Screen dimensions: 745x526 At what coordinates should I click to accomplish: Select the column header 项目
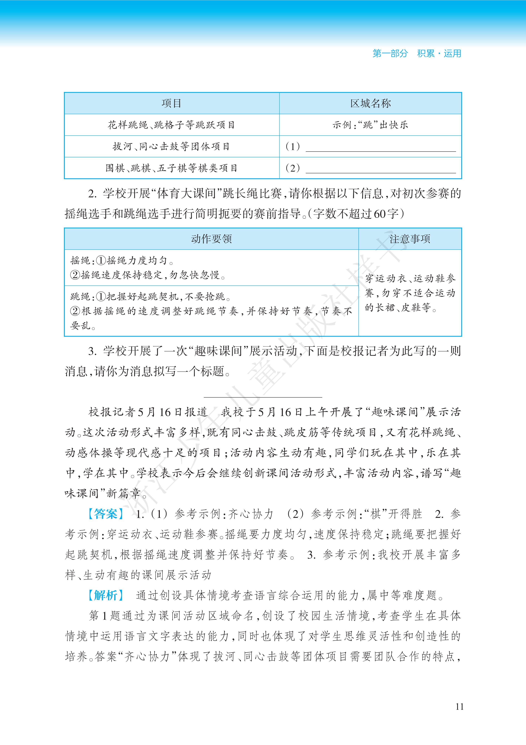[x=171, y=104]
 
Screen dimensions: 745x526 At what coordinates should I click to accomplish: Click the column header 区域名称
[x=370, y=104]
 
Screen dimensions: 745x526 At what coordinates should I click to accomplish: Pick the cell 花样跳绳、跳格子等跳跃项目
[x=171, y=125]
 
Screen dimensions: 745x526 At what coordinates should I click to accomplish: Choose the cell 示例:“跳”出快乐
[x=370, y=125]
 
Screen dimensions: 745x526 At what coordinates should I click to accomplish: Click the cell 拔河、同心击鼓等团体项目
[x=171, y=147]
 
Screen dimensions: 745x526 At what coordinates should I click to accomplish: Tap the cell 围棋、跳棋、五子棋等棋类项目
[x=171, y=168]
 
